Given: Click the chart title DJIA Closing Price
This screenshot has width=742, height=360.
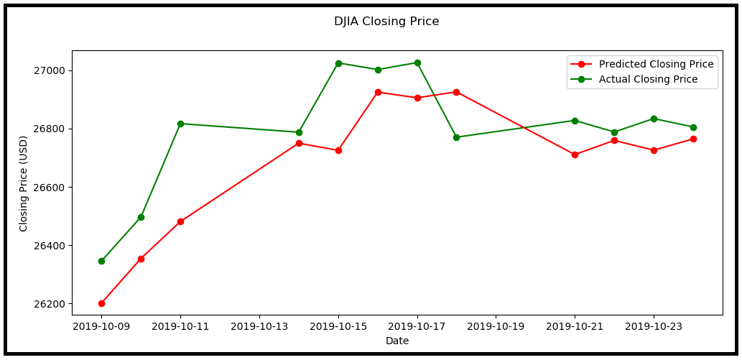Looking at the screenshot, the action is coord(386,22).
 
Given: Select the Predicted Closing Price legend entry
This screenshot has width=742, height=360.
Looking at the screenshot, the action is coord(641,64).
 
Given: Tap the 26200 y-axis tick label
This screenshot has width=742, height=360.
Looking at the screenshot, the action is coord(50,304).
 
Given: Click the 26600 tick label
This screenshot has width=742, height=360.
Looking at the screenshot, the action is coord(50,187).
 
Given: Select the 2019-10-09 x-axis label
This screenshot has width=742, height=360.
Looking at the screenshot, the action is coord(101,326).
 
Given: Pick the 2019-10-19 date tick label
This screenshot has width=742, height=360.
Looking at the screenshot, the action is coord(496,326).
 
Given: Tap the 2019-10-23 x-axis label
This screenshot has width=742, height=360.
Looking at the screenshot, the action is coord(654,326).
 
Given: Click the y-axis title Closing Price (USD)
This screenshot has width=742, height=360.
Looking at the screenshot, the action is coord(23,183).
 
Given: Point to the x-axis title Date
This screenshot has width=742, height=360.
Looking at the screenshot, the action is coord(397,341).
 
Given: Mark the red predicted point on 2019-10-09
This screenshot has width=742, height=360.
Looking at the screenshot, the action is coord(101,303).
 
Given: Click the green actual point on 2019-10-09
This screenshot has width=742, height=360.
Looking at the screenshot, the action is coord(101,261).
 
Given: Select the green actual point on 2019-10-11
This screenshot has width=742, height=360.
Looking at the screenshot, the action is coord(180,124).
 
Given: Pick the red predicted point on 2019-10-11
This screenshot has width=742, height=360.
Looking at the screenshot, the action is coord(180,221).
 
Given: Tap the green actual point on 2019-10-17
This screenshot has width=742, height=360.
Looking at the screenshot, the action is coord(417,63).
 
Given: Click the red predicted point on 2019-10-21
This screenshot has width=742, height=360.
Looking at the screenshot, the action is coord(575,154).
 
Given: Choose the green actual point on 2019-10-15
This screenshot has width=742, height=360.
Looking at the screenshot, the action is coord(338,63).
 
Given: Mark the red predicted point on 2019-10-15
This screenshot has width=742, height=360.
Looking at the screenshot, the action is coord(338,150).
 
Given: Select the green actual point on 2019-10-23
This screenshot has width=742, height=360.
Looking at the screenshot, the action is coord(654,119).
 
